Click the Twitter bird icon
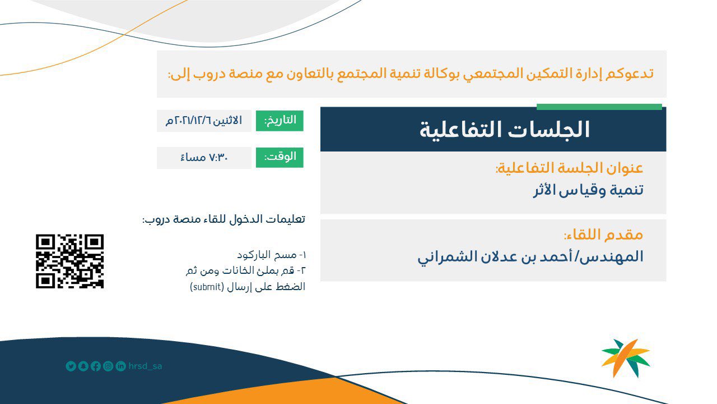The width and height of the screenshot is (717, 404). click(x=71, y=366)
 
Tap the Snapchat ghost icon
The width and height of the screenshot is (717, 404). click(x=83, y=366)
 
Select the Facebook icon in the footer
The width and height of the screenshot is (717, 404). click(x=96, y=366)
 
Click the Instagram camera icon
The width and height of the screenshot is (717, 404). click(x=108, y=366)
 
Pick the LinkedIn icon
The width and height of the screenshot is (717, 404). click(x=120, y=366)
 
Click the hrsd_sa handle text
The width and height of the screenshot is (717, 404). click(x=145, y=366)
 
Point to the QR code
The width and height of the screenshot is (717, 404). click(x=70, y=261)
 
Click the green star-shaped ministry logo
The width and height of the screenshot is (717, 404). click(x=626, y=358)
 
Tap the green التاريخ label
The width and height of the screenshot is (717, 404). click(x=280, y=121)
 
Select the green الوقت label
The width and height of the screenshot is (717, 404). click(x=280, y=158)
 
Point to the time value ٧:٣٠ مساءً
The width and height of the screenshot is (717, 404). click(x=204, y=158)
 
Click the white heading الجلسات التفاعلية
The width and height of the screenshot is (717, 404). click(x=505, y=130)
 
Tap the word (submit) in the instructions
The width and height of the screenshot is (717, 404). click(x=207, y=287)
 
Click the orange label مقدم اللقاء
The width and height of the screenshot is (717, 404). click(x=603, y=235)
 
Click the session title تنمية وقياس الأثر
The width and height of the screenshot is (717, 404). click(x=588, y=190)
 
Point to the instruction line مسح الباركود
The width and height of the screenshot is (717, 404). click(x=272, y=255)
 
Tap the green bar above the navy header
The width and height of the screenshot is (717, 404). click(x=599, y=107)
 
